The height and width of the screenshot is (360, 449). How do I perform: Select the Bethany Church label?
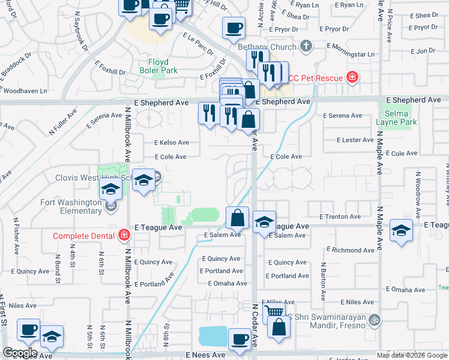pyautogui.click(x=267, y=47)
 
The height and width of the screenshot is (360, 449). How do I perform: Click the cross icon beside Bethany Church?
pyautogui.click(x=306, y=46)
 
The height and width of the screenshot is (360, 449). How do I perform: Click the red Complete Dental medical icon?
pyautogui.click(x=124, y=235)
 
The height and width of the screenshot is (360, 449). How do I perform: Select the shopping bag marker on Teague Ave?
pyautogui.click(x=238, y=218)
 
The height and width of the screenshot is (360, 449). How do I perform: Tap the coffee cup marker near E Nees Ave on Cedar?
pyautogui.click(x=240, y=339)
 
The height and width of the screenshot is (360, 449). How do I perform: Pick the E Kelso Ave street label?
pyautogui.click(x=172, y=143)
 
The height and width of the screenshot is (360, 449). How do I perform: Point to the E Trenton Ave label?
pyautogui.click(x=340, y=216)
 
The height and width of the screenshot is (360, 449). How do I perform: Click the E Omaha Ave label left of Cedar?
pyautogui.click(x=228, y=283)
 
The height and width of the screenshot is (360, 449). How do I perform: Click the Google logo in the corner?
pyautogui.click(x=20, y=353)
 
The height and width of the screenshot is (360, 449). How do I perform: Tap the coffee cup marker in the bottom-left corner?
pyautogui.click(x=28, y=330)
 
